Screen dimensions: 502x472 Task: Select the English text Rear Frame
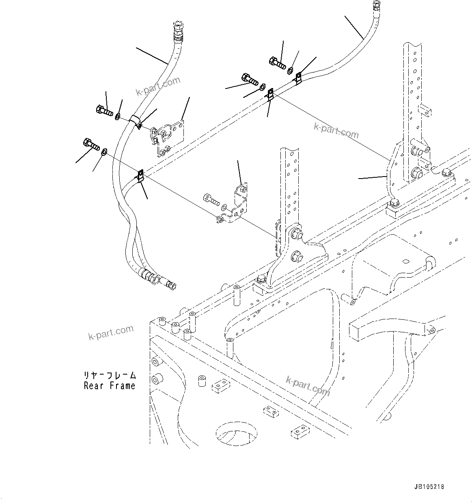click(109, 386)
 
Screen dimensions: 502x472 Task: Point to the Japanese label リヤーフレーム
click(110, 375)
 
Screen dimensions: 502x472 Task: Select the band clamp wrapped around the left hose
click(136, 121)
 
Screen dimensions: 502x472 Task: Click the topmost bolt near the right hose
click(277, 62)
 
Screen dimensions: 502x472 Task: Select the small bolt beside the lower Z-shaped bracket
click(209, 199)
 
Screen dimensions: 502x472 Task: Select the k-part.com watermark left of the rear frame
click(110, 333)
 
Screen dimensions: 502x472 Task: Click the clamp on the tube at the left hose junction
click(140, 176)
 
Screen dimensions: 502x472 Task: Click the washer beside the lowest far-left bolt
click(104, 152)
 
